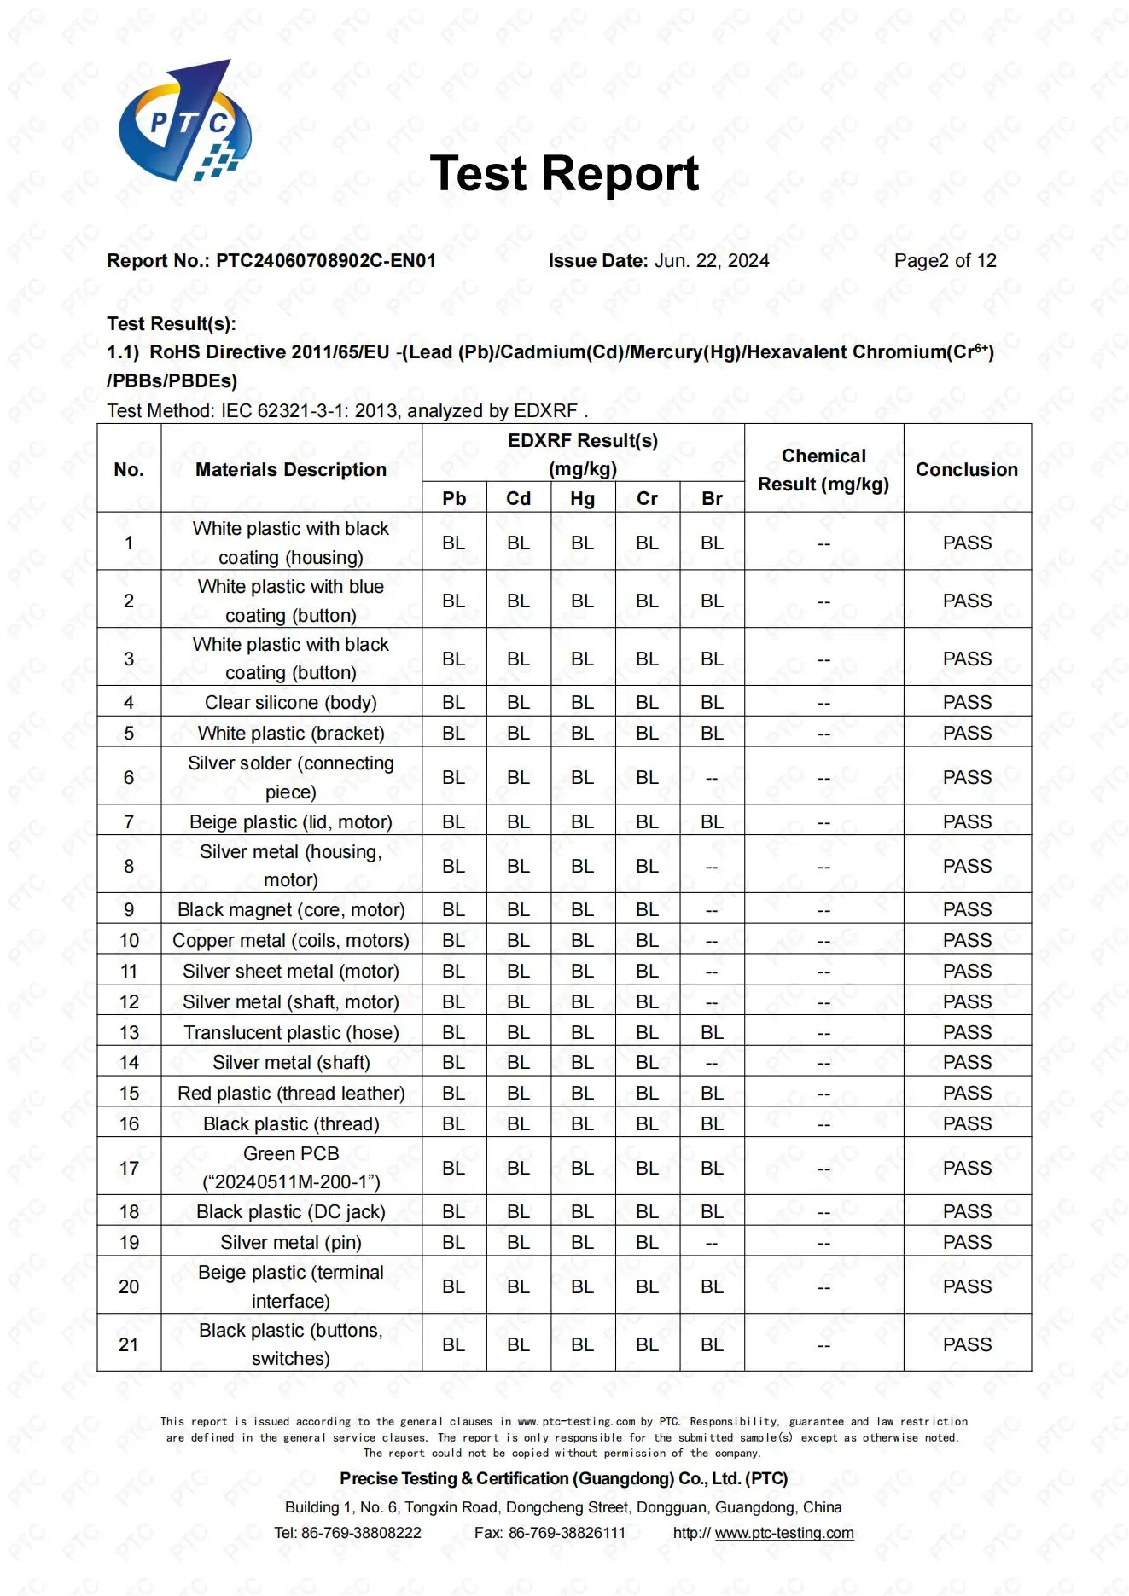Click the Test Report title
click(x=564, y=174)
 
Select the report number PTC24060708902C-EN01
click(x=325, y=261)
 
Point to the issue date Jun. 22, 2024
click(x=711, y=261)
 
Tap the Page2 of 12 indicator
click(x=945, y=261)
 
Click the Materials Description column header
click(x=291, y=469)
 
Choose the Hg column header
click(x=583, y=498)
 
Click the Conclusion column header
click(x=967, y=469)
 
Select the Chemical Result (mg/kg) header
click(x=823, y=470)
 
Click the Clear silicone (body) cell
click(x=291, y=702)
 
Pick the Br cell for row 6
click(x=712, y=778)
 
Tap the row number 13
click(x=129, y=1032)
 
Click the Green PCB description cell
click(x=291, y=1167)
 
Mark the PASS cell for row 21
click(x=967, y=1344)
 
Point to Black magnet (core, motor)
click(x=291, y=909)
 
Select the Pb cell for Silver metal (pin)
click(x=453, y=1242)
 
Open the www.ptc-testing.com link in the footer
click(x=783, y=1533)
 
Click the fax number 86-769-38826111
click(x=567, y=1533)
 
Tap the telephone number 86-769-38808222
click(x=361, y=1533)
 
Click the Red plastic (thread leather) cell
click(x=291, y=1093)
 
